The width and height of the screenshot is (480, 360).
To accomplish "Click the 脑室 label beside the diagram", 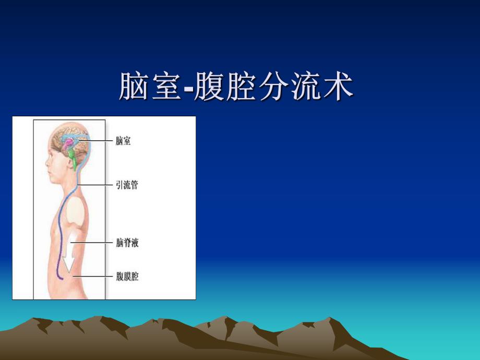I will [x=123, y=141].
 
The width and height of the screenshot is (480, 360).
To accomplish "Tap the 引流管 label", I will [x=127, y=185].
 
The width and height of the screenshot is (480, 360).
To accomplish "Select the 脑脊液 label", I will [x=127, y=243].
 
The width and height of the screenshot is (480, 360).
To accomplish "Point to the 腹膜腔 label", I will [x=127, y=277].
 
